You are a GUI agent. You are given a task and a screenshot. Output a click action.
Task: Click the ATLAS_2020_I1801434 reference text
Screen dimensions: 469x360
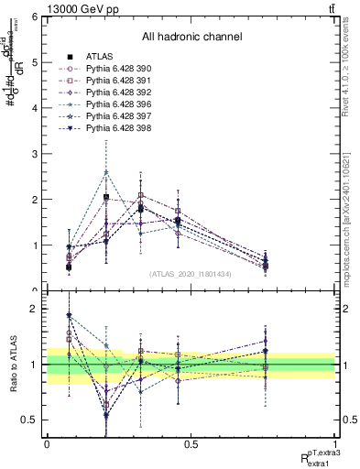(191, 274)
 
